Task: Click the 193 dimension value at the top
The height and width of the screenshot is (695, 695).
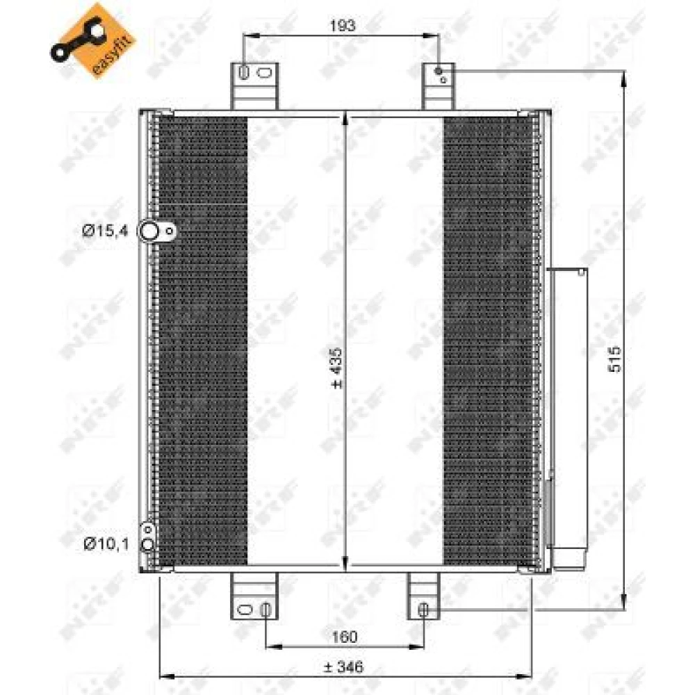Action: click(x=342, y=26)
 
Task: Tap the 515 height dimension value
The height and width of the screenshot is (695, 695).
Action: click(x=615, y=359)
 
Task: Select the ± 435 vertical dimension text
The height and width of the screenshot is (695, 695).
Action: click(x=337, y=368)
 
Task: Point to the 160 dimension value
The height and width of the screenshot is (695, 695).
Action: click(x=345, y=637)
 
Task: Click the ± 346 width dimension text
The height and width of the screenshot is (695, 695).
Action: click(x=343, y=667)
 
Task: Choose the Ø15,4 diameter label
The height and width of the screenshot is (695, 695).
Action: click(x=105, y=231)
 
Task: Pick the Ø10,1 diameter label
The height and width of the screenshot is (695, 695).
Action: click(x=106, y=543)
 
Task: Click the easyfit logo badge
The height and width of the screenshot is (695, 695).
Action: click(x=92, y=41)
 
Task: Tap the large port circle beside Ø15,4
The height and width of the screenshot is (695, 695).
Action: click(x=149, y=231)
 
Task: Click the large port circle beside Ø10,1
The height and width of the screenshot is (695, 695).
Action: click(x=147, y=544)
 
